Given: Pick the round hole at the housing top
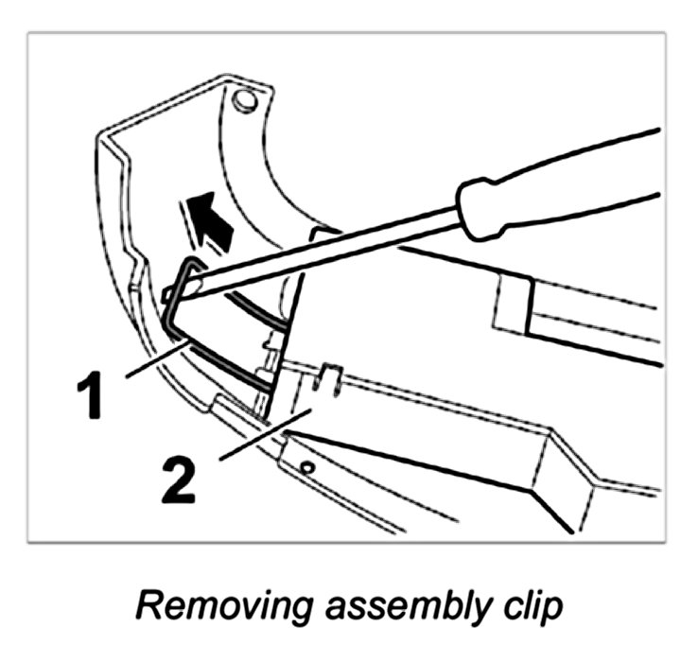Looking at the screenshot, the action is (245, 101).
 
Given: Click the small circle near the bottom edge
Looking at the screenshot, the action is (305, 465).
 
